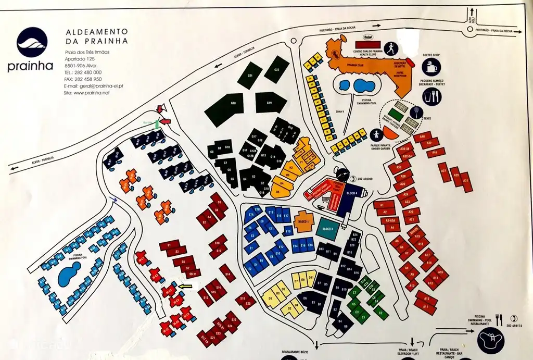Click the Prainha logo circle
click(x=32, y=43)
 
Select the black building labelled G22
click(x=276, y=70)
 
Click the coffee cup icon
click(x=431, y=67)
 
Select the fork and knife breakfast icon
click(x=432, y=96)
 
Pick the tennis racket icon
click(x=417, y=111)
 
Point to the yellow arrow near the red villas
click(x=185, y=285)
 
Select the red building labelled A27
click(x=443, y=172)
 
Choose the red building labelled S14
click(x=226, y=271)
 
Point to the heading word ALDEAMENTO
click(x=97, y=32)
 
